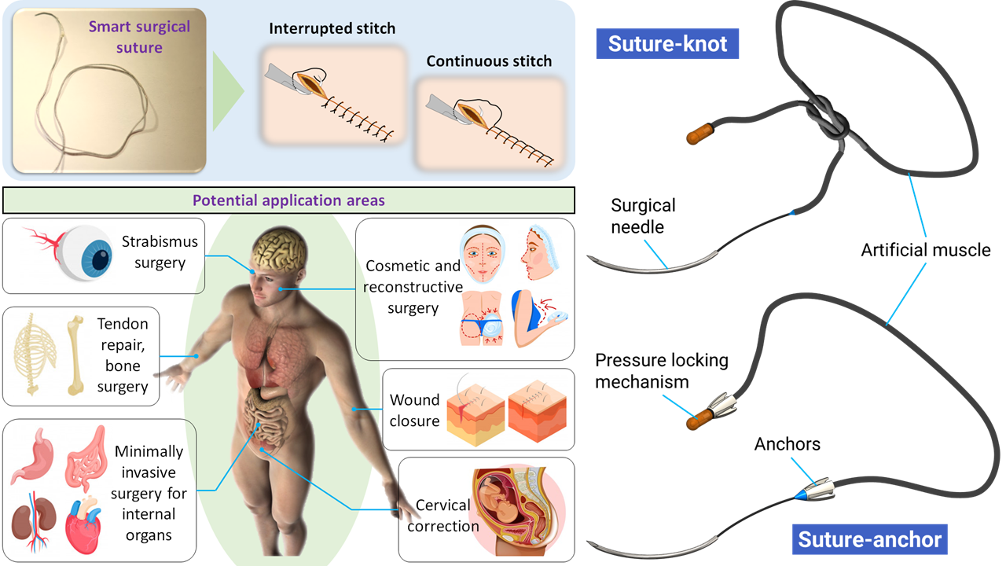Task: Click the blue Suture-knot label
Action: click(x=666, y=44)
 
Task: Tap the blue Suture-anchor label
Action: click(x=868, y=540)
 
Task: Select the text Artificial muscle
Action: click(x=926, y=250)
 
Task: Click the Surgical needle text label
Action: click(x=643, y=215)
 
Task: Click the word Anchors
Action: click(x=787, y=444)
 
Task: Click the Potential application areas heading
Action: click(x=290, y=200)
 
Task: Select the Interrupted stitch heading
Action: click(x=332, y=29)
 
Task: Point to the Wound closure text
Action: click(x=414, y=410)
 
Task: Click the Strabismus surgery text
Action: click(x=159, y=252)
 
